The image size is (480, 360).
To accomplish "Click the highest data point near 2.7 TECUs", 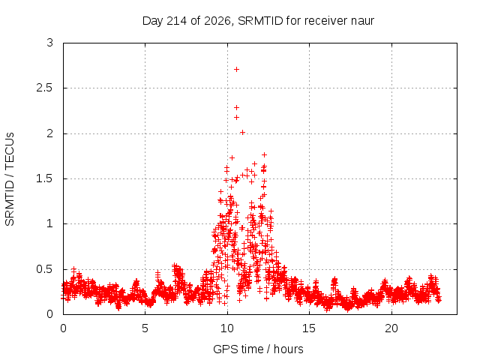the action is (x=236, y=70).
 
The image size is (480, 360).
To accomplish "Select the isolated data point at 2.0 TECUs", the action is (x=242, y=132).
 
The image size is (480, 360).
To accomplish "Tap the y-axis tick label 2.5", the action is (x=44, y=88).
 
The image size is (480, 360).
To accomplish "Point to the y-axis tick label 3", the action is (x=50, y=43).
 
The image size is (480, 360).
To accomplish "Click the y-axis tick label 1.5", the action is (x=44, y=178).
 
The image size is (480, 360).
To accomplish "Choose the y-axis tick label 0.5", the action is (x=44, y=269).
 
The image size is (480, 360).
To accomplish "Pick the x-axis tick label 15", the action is (x=309, y=328).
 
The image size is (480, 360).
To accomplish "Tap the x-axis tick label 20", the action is (x=391, y=328).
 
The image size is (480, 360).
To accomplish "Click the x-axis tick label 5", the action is (x=145, y=328).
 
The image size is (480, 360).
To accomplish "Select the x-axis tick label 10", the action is (x=227, y=328).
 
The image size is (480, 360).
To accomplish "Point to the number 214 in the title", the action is (x=177, y=21).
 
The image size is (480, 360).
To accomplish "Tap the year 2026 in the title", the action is (x=217, y=21).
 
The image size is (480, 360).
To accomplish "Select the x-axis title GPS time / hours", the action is (x=258, y=349).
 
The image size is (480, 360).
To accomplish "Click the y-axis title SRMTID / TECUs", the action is (x=10, y=179).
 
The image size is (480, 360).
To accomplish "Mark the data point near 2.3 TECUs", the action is (x=236, y=107).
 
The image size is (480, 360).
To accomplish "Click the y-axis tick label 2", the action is (x=50, y=133).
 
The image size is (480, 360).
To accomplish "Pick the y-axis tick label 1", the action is (x=50, y=223).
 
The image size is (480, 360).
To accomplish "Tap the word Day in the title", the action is (x=153, y=21).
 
